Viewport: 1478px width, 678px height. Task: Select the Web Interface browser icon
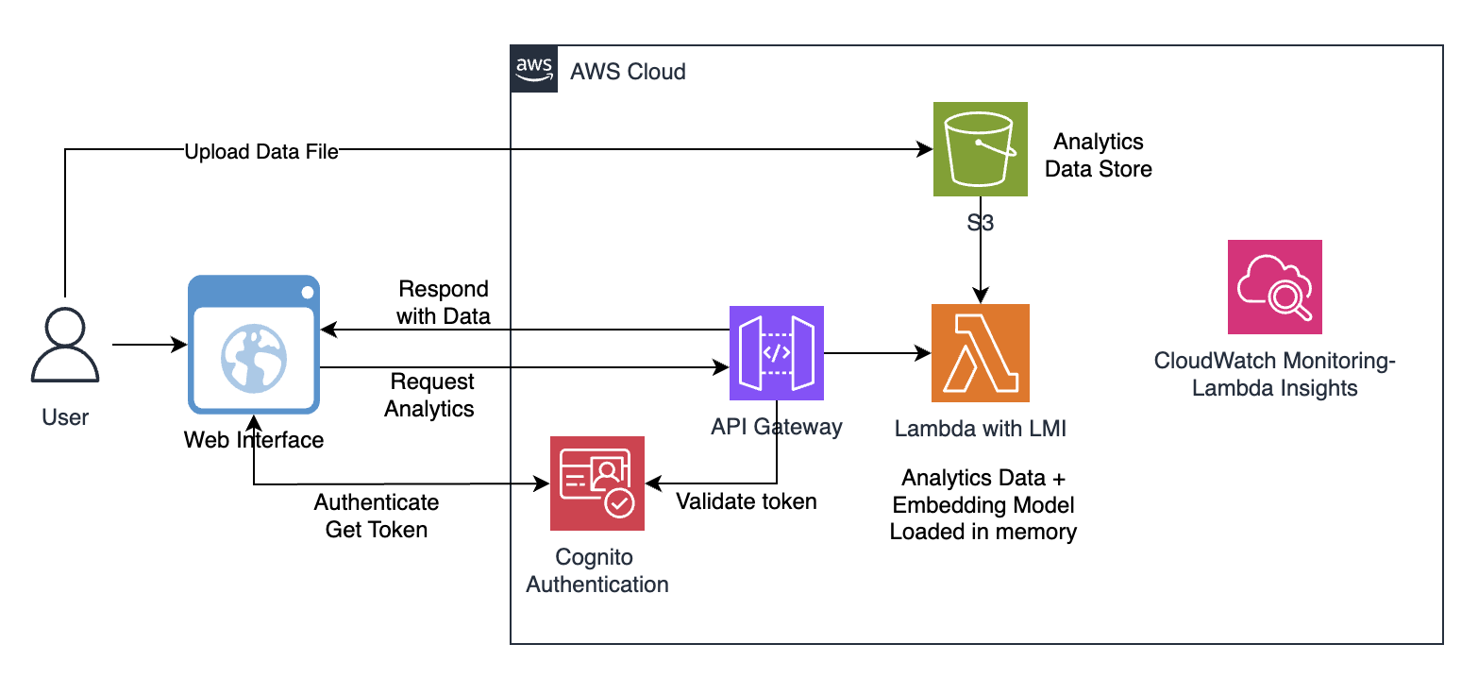point(254,345)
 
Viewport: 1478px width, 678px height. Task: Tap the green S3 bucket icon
point(981,149)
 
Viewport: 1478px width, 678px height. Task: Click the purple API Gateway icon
point(777,353)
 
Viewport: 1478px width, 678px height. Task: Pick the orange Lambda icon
point(981,353)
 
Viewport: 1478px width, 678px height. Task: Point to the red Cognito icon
point(597,483)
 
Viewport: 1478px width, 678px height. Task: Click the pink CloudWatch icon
point(1274,287)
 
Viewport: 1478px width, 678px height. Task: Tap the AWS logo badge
point(535,69)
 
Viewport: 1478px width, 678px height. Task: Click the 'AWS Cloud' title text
point(628,72)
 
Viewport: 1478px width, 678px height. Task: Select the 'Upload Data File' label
point(261,152)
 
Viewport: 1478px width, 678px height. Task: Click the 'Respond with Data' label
point(444,302)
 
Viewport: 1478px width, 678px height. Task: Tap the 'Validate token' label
point(747,501)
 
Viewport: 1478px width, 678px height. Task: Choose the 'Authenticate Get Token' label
point(377,516)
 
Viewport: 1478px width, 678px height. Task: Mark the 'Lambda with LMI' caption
point(981,429)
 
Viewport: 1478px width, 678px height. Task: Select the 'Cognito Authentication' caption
point(597,570)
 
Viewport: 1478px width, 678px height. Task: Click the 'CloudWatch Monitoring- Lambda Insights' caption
point(1275,374)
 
